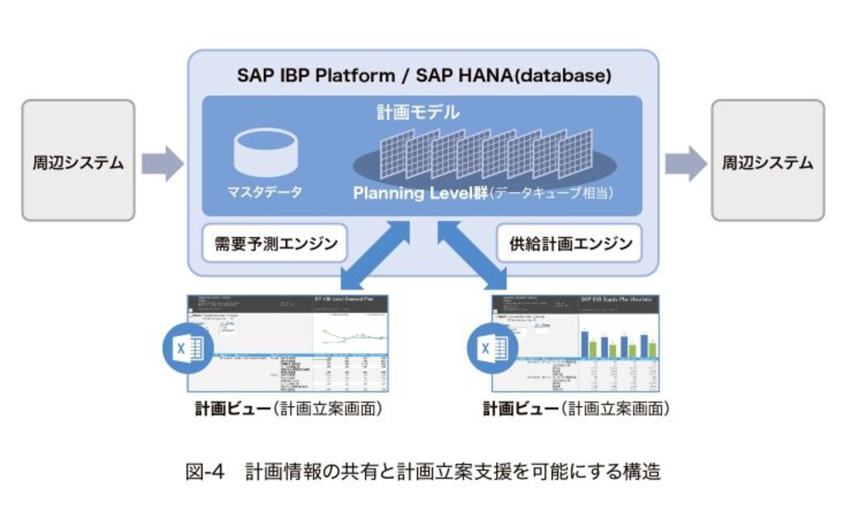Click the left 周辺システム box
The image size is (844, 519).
click(78, 161)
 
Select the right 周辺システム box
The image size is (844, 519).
click(767, 161)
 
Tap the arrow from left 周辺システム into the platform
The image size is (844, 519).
click(162, 162)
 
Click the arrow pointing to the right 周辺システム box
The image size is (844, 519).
click(685, 162)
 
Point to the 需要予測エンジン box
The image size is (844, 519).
click(275, 244)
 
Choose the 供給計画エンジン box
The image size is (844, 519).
click(570, 244)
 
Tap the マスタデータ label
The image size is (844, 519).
click(265, 192)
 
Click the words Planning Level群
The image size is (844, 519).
click(420, 194)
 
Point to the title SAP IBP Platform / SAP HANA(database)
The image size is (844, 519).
click(424, 76)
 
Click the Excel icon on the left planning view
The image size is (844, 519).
click(184, 348)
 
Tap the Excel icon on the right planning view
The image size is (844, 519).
click(488, 348)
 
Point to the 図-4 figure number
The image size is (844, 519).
click(206, 472)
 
